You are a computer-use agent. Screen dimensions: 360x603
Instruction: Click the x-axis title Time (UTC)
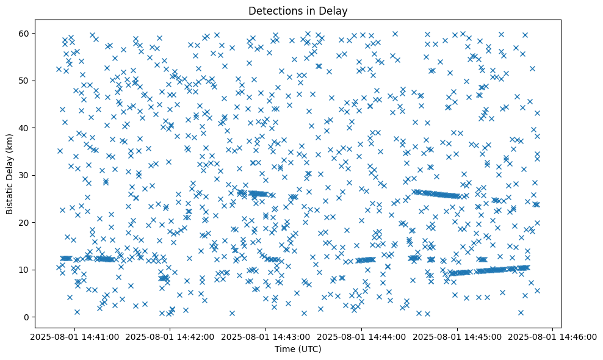pyautogui.click(x=299, y=350)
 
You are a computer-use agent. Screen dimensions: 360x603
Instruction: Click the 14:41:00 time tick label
pyautogui.click(x=74, y=336)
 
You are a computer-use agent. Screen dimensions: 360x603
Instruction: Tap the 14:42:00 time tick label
pyautogui.click(x=170, y=336)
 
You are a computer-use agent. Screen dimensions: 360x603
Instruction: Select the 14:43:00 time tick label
pyautogui.click(x=265, y=336)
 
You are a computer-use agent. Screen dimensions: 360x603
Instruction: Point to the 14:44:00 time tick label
pyautogui.click(x=361, y=336)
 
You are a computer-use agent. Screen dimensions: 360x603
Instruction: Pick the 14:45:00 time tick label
pyautogui.click(x=457, y=336)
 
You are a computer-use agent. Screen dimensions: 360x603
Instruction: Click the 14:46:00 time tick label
pyautogui.click(x=553, y=336)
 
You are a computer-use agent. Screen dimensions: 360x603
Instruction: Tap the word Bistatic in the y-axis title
pyautogui.click(x=10, y=195)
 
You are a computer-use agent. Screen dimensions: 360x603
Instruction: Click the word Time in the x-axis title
pyautogui.click(x=286, y=350)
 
